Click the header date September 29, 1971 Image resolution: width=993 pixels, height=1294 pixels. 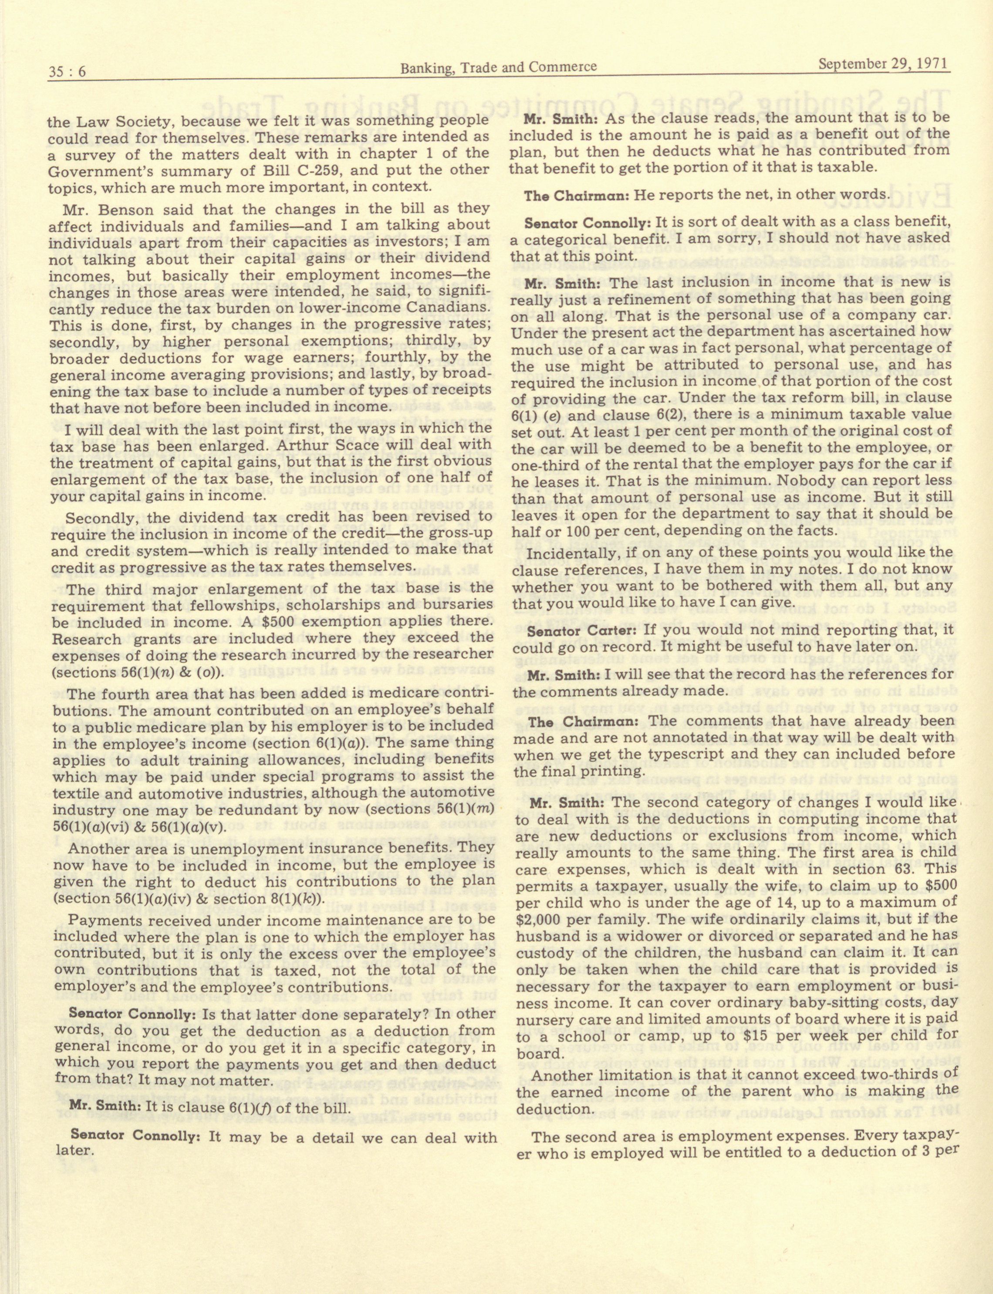pos(884,63)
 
